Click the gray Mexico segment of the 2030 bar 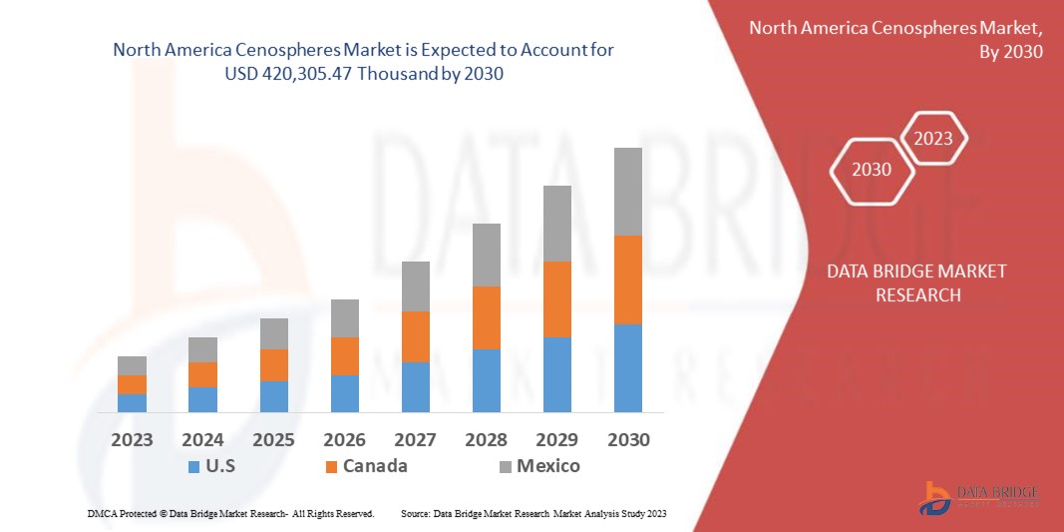pos(627,192)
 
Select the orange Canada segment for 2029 pos(556,299)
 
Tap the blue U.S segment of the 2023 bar pos(132,403)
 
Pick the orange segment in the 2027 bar pos(415,336)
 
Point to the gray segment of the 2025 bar pos(273,334)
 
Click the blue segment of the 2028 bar pos(486,380)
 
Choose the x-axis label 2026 pos(344,440)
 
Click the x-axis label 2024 pos(202,440)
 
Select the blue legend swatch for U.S pos(193,466)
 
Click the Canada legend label pos(375,466)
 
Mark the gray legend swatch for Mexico pos(506,466)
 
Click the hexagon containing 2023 pos(933,139)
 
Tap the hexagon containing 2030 pos(872,170)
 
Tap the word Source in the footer pos(414,513)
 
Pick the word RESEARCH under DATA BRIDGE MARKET pos(917,295)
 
